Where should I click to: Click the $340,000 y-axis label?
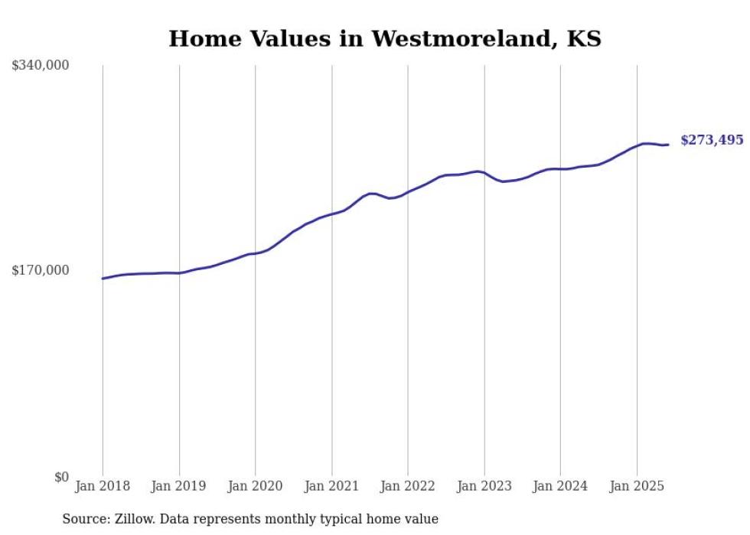click(41, 66)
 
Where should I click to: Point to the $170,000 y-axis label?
click(41, 270)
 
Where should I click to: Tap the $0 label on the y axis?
click(61, 477)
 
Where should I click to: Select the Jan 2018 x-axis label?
click(103, 486)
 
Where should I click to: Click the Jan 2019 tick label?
click(179, 486)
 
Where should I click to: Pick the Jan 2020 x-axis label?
click(255, 486)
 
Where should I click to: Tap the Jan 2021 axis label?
click(331, 486)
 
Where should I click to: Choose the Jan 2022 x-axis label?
click(408, 486)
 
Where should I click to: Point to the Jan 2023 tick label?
click(484, 486)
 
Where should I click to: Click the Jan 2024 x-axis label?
click(560, 486)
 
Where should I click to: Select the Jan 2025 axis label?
click(637, 486)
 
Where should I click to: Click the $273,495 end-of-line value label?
click(712, 140)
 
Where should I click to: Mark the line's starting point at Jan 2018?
click(103, 279)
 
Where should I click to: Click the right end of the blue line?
click(668, 145)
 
